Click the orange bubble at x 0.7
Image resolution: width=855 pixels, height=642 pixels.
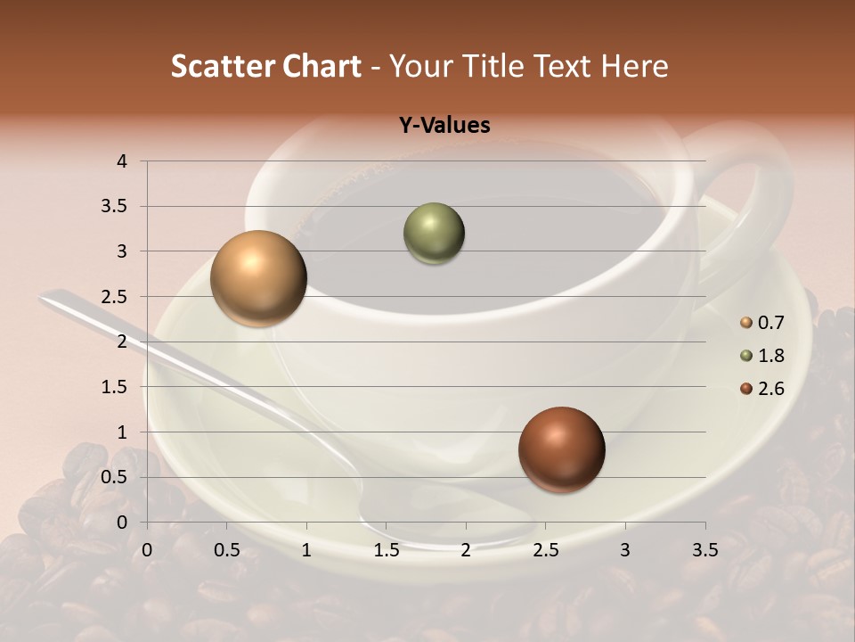pyautogui.click(x=258, y=278)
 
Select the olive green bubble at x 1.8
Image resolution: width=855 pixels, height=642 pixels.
pyautogui.click(x=434, y=234)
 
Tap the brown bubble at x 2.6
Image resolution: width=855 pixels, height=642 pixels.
pyautogui.click(x=561, y=449)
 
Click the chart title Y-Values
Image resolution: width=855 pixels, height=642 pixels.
pyautogui.click(x=444, y=126)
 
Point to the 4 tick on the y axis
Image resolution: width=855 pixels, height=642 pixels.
pyautogui.click(x=122, y=161)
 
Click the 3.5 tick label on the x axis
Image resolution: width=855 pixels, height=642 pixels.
pyautogui.click(x=704, y=550)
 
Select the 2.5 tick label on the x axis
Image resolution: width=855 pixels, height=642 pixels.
pyautogui.click(x=545, y=550)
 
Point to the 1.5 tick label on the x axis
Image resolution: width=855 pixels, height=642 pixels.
pyautogui.click(x=386, y=550)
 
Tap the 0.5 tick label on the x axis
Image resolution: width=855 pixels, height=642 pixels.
pyautogui.click(x=226, y=550)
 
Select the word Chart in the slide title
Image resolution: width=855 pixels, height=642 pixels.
pyautogui.click(x=322, y=66)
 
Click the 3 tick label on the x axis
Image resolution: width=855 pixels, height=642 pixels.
pyautogui.click(x=625, y=550)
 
